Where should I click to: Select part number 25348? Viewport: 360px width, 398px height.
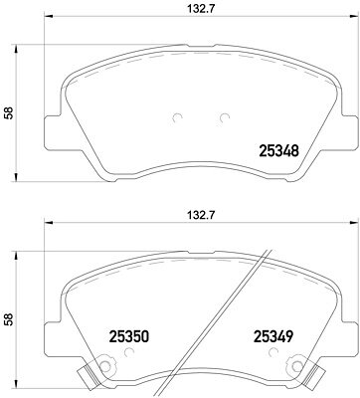click(278, 151)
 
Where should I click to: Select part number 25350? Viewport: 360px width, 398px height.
click(129, 337)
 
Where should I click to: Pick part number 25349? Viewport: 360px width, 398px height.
click(273, 337)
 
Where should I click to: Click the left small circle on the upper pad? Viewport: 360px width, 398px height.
click(178, 117)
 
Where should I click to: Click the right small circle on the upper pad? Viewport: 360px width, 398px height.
click(225, 117)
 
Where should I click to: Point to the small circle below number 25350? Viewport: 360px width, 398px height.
click(129, 352)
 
